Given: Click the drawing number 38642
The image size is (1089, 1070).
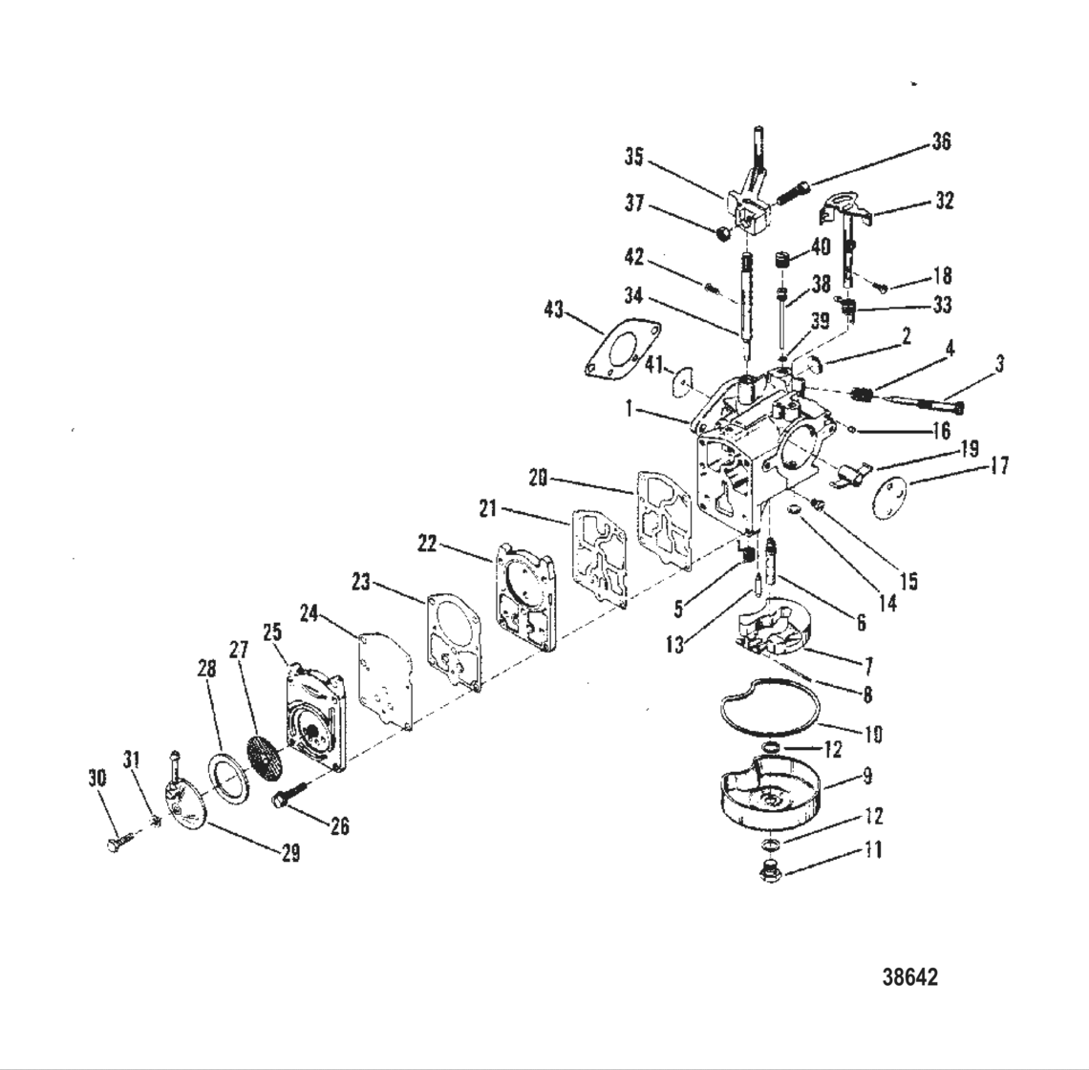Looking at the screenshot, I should [x=909, y=977].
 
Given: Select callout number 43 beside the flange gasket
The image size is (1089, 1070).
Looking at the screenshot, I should [x=555, y=310].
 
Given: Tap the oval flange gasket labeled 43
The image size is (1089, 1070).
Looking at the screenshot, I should [x=620, y=348].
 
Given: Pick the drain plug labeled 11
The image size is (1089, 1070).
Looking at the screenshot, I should [x=768, y=870].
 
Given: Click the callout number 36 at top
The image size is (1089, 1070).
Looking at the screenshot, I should [x=941, y=141].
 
